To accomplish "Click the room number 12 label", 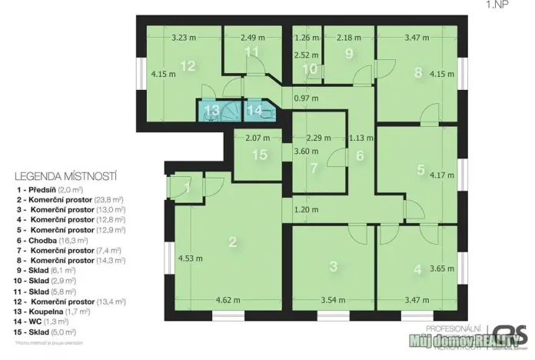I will pyautogui.click(x=188, y=66).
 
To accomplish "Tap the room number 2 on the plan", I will pyautogui.click(x=232, y=242).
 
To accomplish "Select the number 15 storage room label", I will pyautogui.click(x=261, y=155).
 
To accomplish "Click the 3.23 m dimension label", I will pyautogui.click(x=186, y=36).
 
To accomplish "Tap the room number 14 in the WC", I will pyautogui.click(x=254, y=110).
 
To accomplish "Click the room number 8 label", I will pyautogui.click(x=418, y=73).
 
